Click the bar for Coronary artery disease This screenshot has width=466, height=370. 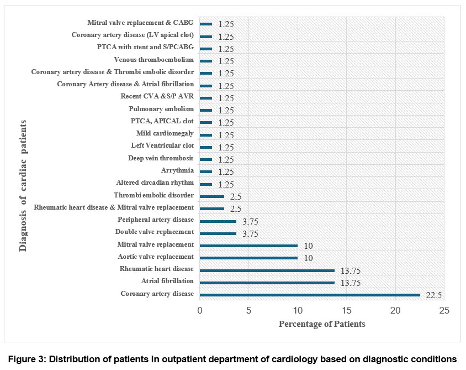pyautogui.click(x=310, y=295)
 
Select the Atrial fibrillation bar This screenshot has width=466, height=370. pyautogui.click(x=267, y=283)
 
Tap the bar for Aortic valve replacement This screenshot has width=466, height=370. pyautogui.click(x=248, y=258)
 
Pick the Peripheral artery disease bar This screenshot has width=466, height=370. pyautogui.click(x=218, y=221)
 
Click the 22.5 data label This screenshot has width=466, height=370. pyautogui.click(x=432, y=295)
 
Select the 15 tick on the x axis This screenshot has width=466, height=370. pyautogui.click(x=347, y=311)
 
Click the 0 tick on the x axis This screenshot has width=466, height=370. pyautogui.click(x=200, y=311)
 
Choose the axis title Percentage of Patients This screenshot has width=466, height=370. pyautogui.click(x=322, y=324)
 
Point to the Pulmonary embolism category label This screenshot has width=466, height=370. pyautogui.click(x=161, y=109)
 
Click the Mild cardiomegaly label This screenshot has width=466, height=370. pyautogui.click(x=165, y=133)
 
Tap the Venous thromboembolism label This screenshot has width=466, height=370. pyautogui.click(x=154, y=60)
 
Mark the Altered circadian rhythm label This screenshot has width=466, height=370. pyautogui.click(x=155, y=183)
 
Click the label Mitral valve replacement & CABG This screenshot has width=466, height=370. pyautogui.click(x=141, y=23)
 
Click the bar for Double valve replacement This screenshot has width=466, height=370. pyautogui.click(x=218, y=233)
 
